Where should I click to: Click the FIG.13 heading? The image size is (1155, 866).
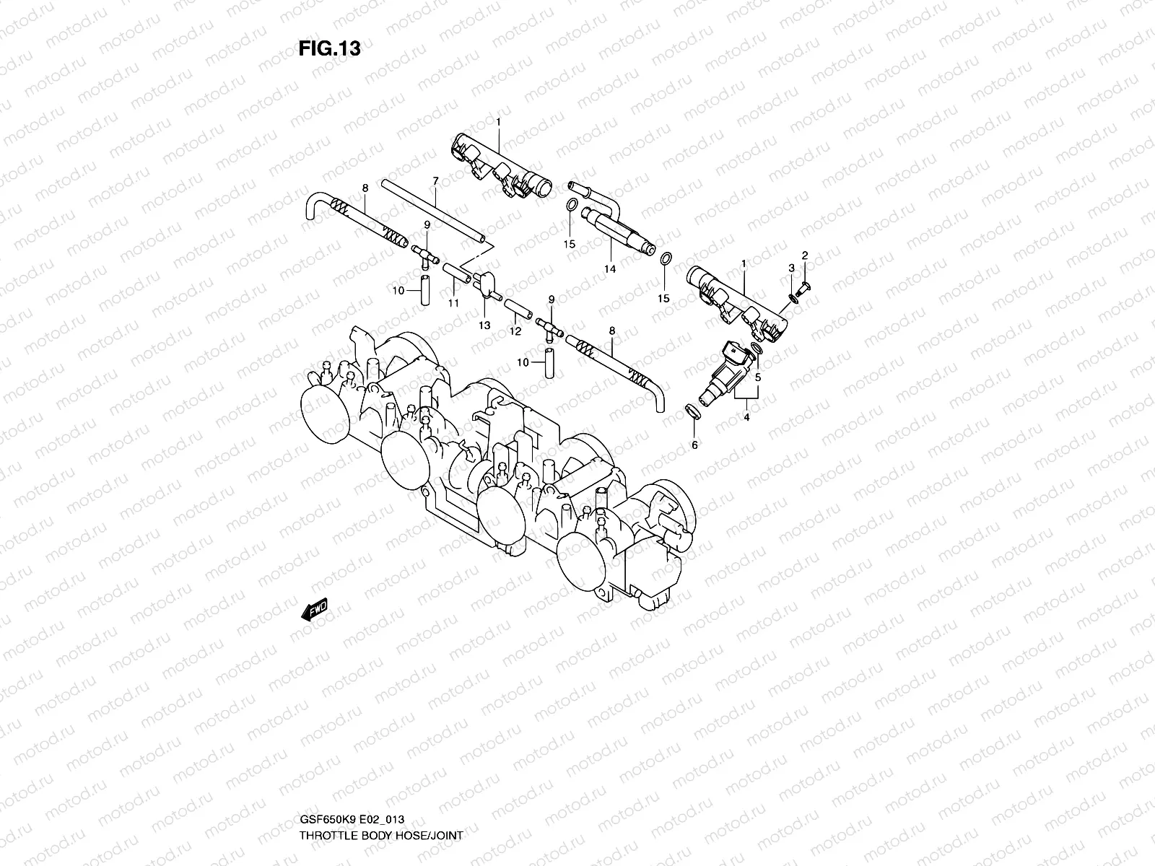click(x=329, y=49)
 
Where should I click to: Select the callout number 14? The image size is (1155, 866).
click(x=610, y=269)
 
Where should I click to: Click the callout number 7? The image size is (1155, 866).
click(x=435, y=180)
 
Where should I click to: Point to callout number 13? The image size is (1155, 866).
click(x=484, y=325)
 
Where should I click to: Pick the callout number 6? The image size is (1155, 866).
click(x=694, y=445)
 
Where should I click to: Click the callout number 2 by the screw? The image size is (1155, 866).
click(x=805, y=255)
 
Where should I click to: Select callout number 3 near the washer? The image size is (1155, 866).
click(x=791, y=268)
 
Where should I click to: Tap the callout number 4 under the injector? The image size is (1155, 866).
click(x=746, y=417)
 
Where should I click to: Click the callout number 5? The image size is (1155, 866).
click(x=758, y=377)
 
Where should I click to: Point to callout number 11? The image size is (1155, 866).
click(x=453, y=303)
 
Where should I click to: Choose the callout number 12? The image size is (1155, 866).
click(x=515, y=331)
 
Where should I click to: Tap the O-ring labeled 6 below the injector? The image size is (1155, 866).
click(x=692, y=411)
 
